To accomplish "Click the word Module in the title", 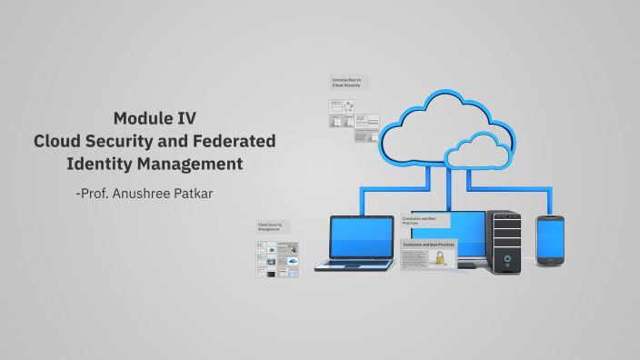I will [142, 117].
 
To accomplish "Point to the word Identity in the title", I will [100, 165].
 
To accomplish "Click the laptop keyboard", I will [355, 265].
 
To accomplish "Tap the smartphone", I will [550, 240].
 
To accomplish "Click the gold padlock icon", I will [440, 258].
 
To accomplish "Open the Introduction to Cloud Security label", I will [348, 83].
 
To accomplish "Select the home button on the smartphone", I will [550, 262].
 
